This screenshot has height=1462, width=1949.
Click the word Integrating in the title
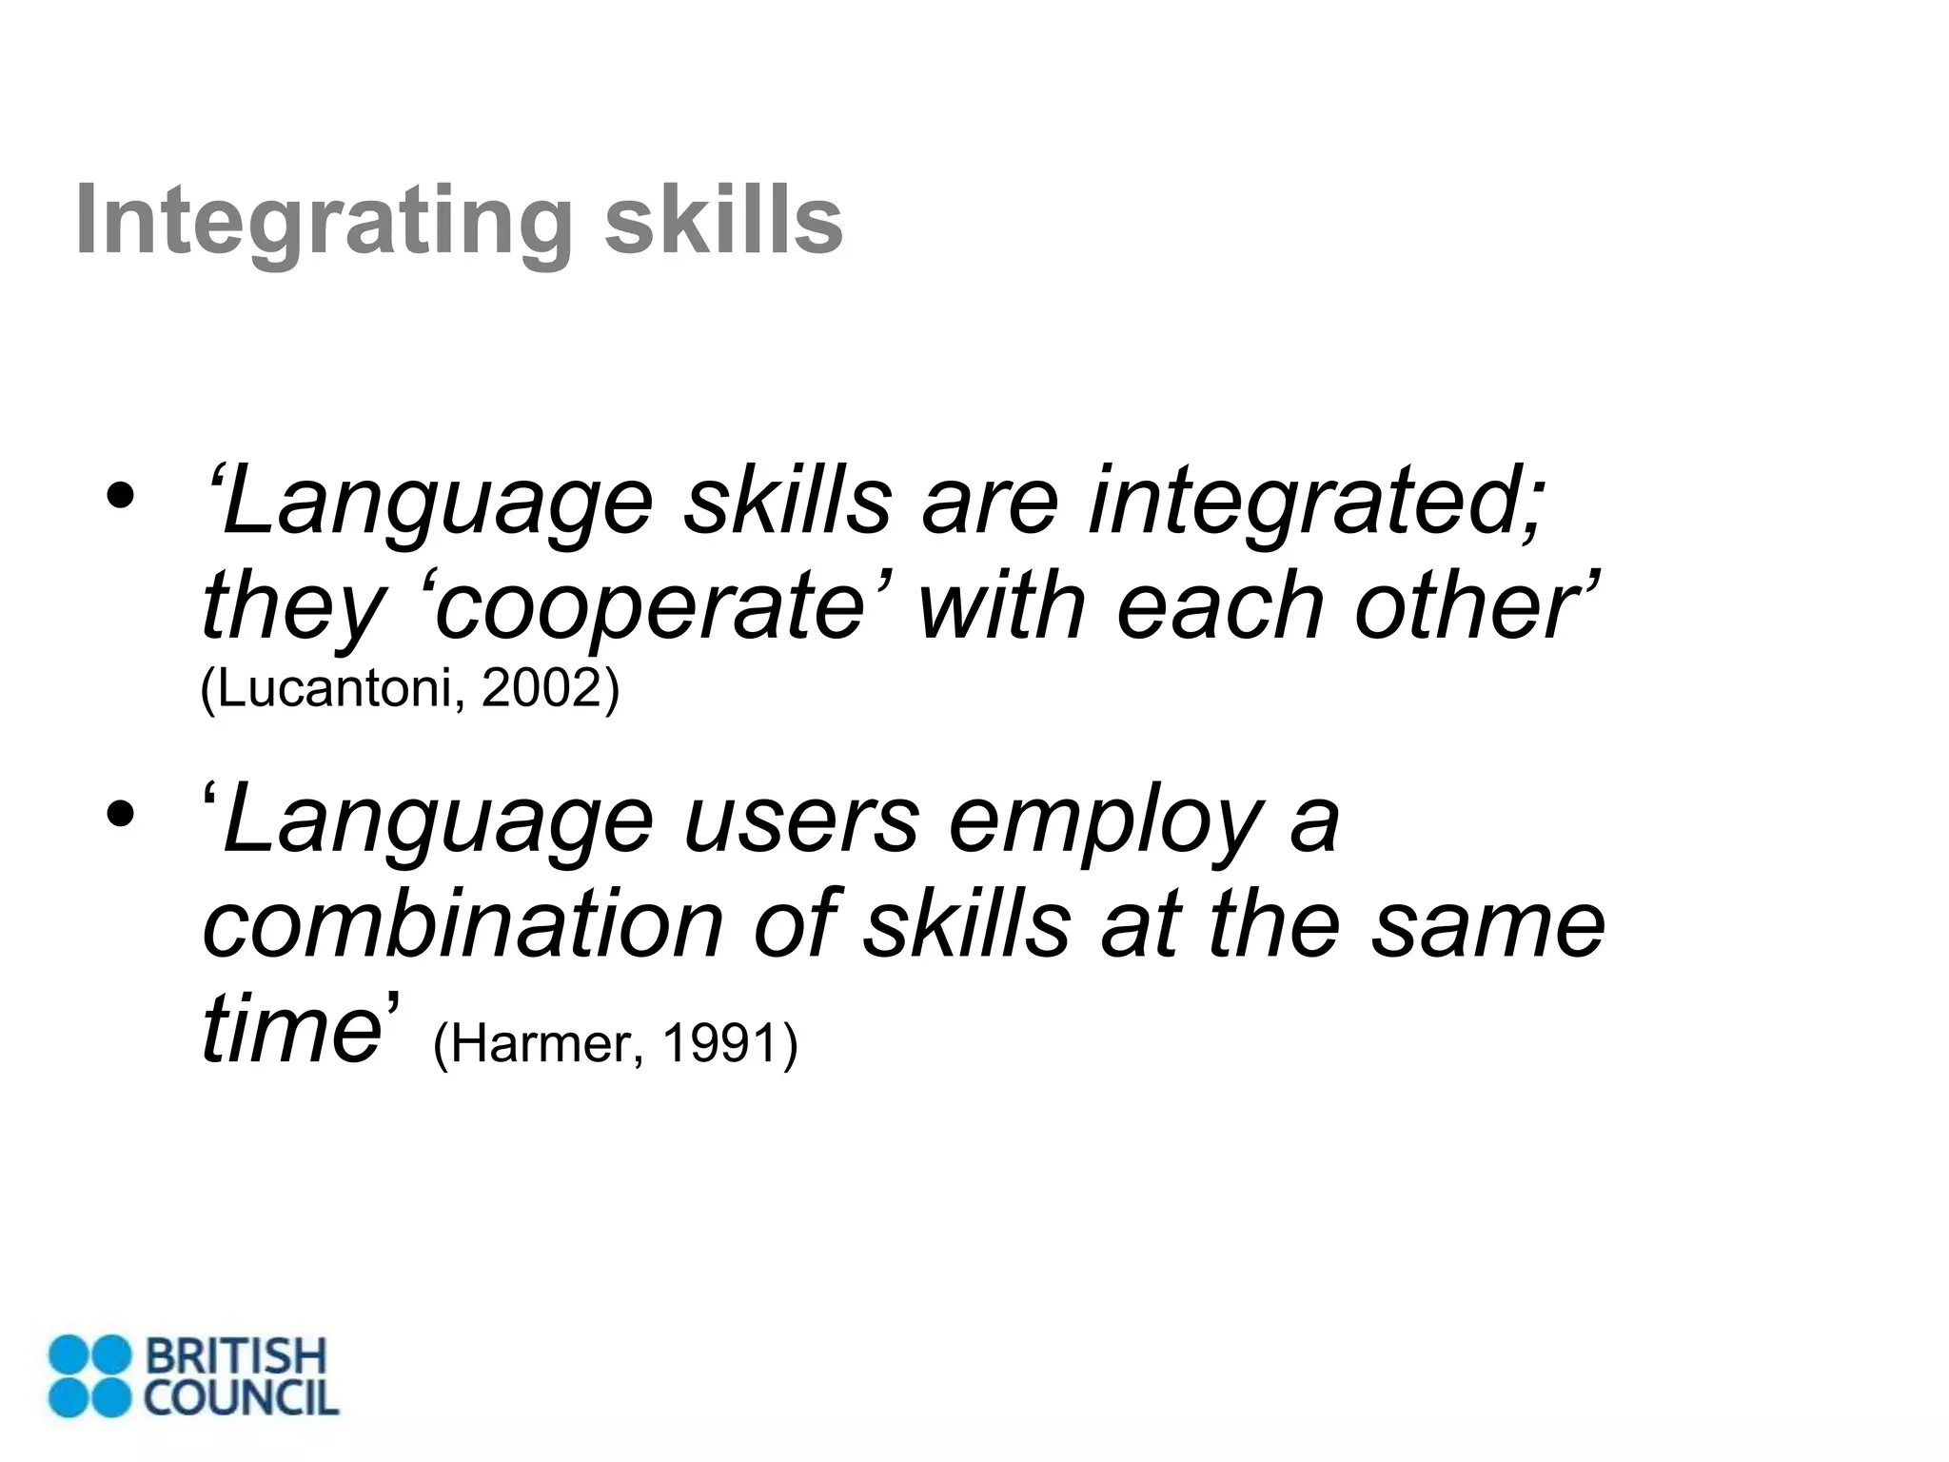(x=324, y=222)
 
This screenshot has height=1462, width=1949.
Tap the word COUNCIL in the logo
(x=240, y=1398)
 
